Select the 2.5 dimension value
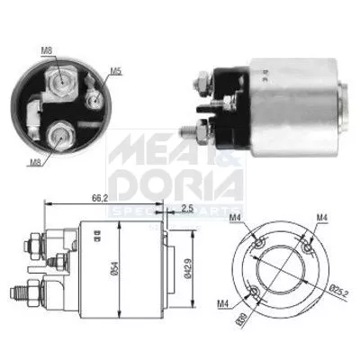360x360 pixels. tap(186, 209)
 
